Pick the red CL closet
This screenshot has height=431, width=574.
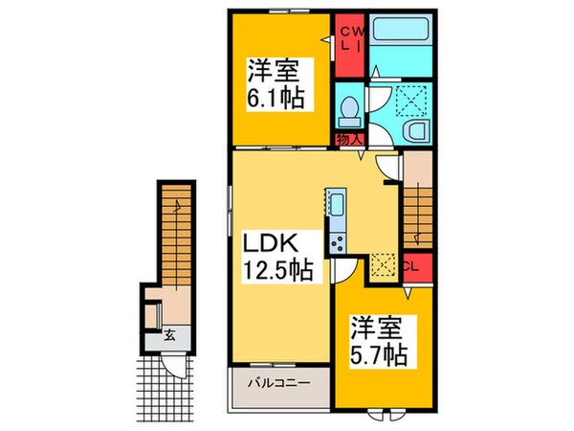point(414,267)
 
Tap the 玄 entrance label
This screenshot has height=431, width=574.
point(168,334)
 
